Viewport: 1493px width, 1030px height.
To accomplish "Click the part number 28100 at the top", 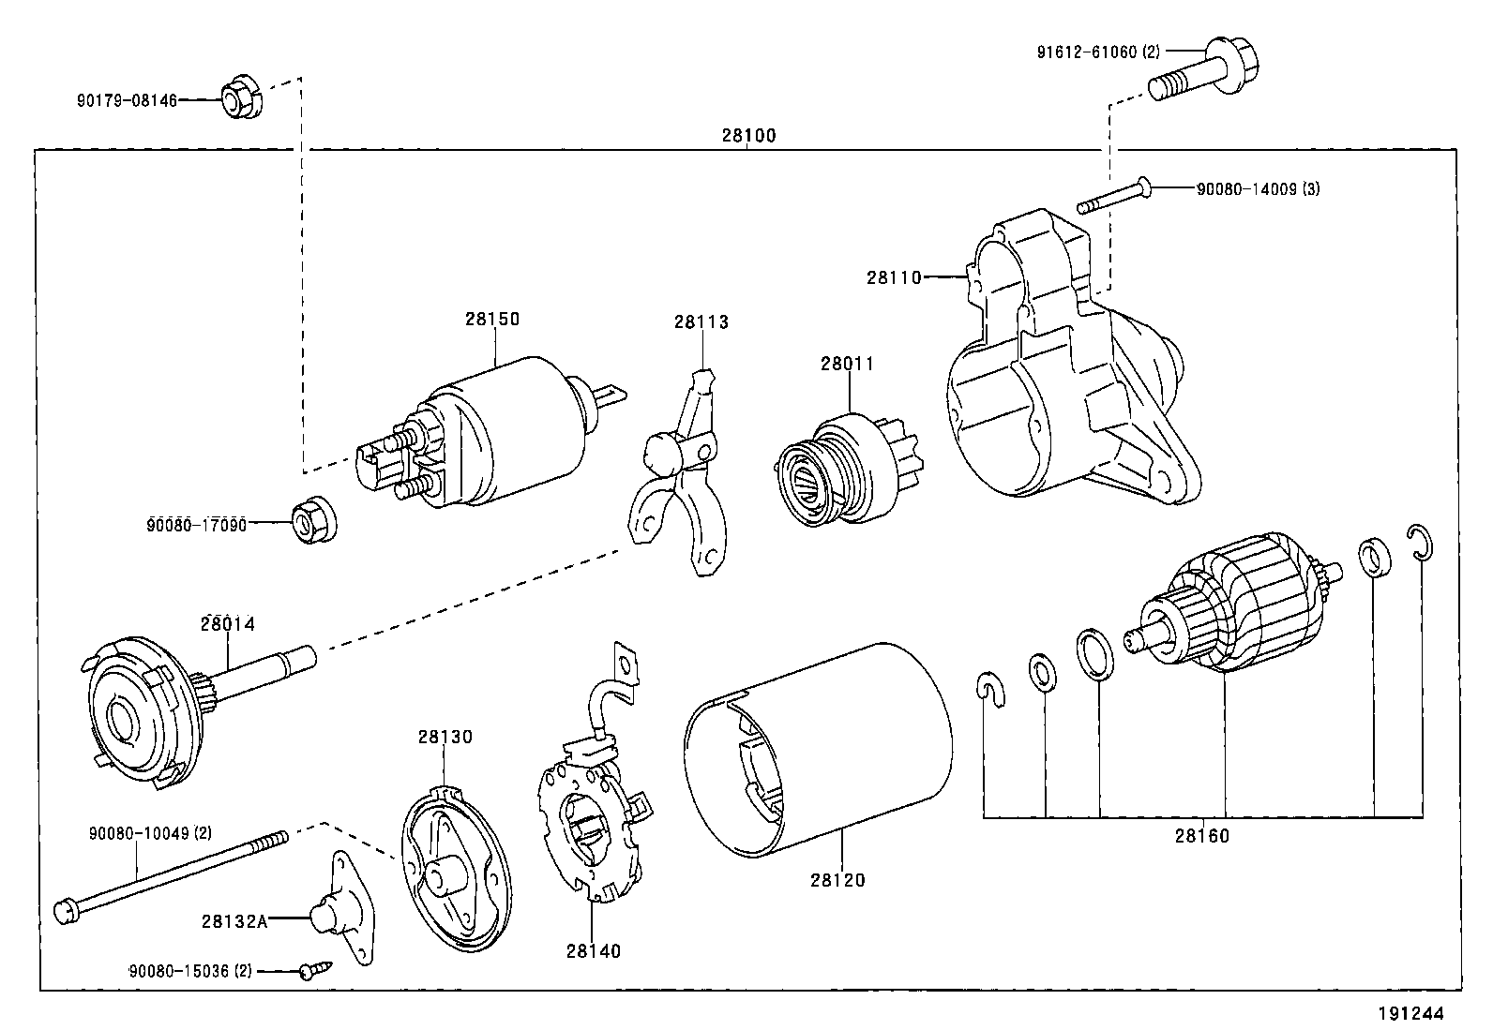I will [748, 136].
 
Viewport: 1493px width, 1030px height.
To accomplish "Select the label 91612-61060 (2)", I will [1098, 52].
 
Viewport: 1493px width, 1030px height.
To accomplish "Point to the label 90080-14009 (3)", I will [1258, 189].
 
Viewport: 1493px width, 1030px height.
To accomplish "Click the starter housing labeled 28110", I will [1060, 375].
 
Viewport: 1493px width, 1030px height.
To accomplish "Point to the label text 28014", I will [227, 623].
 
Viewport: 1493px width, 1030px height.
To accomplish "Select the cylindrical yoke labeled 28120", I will [816, 750].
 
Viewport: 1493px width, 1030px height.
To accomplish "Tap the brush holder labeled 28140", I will [591, 825].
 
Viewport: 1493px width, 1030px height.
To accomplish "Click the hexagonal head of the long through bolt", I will [65, 909].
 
